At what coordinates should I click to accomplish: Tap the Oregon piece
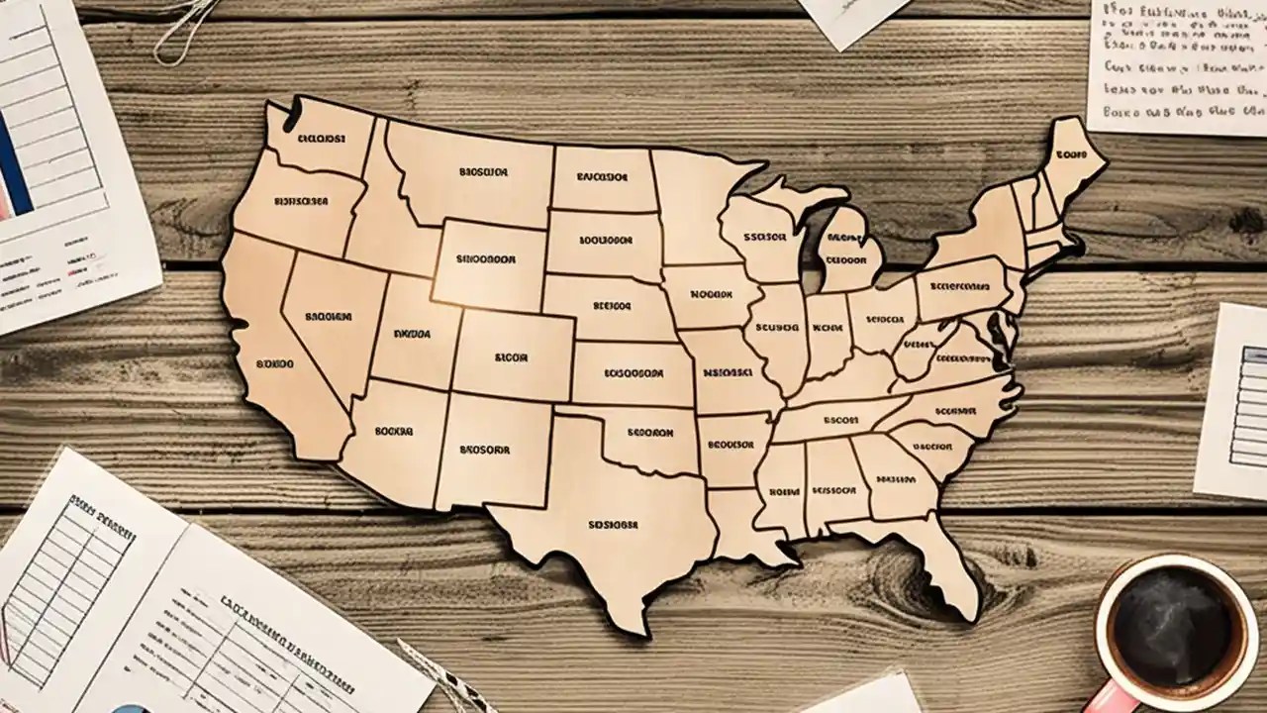(x=297, y=203)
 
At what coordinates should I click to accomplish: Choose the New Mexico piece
(x=490, y=451)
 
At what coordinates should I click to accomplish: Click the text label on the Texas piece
(x=613, y=525)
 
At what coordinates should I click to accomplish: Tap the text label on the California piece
(x=274, y=363)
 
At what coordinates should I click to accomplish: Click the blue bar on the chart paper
(x=14, y=163)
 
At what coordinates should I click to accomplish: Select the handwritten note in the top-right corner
(x=1178, y=64)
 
